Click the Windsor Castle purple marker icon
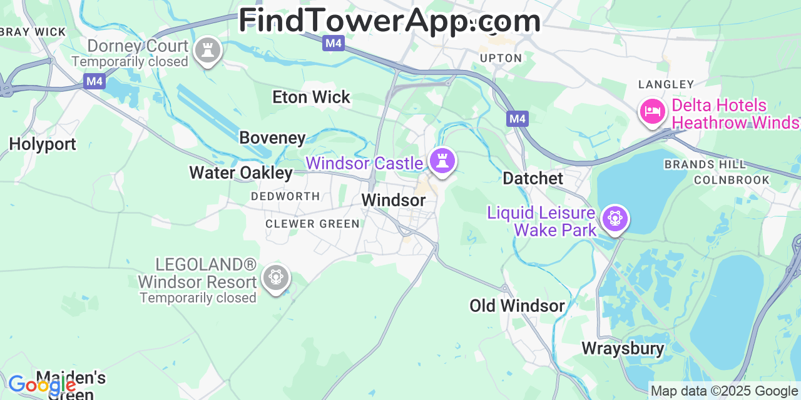tap(442, 161)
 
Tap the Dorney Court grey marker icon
tap(207, 50)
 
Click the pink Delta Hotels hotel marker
tap(652, 111)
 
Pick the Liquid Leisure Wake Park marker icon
tap(615, 218)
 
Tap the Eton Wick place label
tap(311, 97)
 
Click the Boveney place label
tap(272, 138)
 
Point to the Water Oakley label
tap(241, 173)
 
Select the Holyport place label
tap(43, 144)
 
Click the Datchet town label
tap(533, 179)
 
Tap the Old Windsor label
tap(517, 306)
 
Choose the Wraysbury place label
tap(623, 349)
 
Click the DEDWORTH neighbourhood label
tap(285, 196)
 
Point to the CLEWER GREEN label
tap(312, 224)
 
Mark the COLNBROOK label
tap(732, 180)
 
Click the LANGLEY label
tap(666, 84)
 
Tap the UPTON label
tap(501, 58)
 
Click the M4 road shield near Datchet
tap(518, 119)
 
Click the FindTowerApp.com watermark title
tap(389, 21)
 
